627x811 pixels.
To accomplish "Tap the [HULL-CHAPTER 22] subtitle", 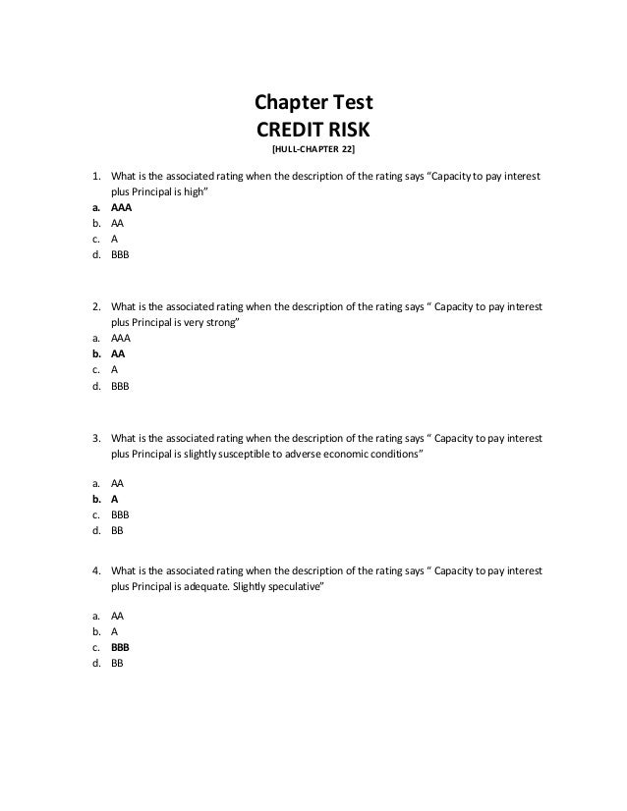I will pos(313,149).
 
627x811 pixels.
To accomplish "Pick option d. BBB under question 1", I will pos(120,253).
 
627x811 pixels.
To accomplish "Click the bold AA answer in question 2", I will pos(117,352).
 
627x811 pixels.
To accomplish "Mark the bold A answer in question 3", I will pos(114,497).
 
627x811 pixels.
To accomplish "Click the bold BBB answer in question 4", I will pos(120,648).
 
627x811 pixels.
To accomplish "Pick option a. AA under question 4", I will pos(117,616).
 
